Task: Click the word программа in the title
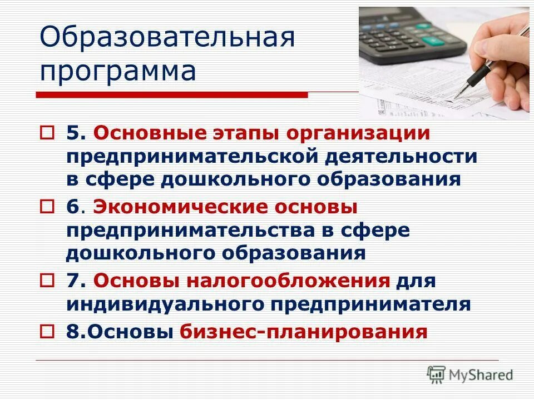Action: pyautogui.click(x=118, y=71)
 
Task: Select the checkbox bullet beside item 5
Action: pyautogui.click(x=47, y=134)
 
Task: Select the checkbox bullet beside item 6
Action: pyautogui.click(x=47, y=207)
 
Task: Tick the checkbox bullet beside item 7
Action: pyautogui.click(x=47, y=281)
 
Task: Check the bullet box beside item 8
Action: pyautogui.click(x=47, y=332)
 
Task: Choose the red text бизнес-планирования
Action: pyautogui.click(x=304, y=332)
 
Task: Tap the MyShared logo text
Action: pyautogui.click(x=481, y=374)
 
